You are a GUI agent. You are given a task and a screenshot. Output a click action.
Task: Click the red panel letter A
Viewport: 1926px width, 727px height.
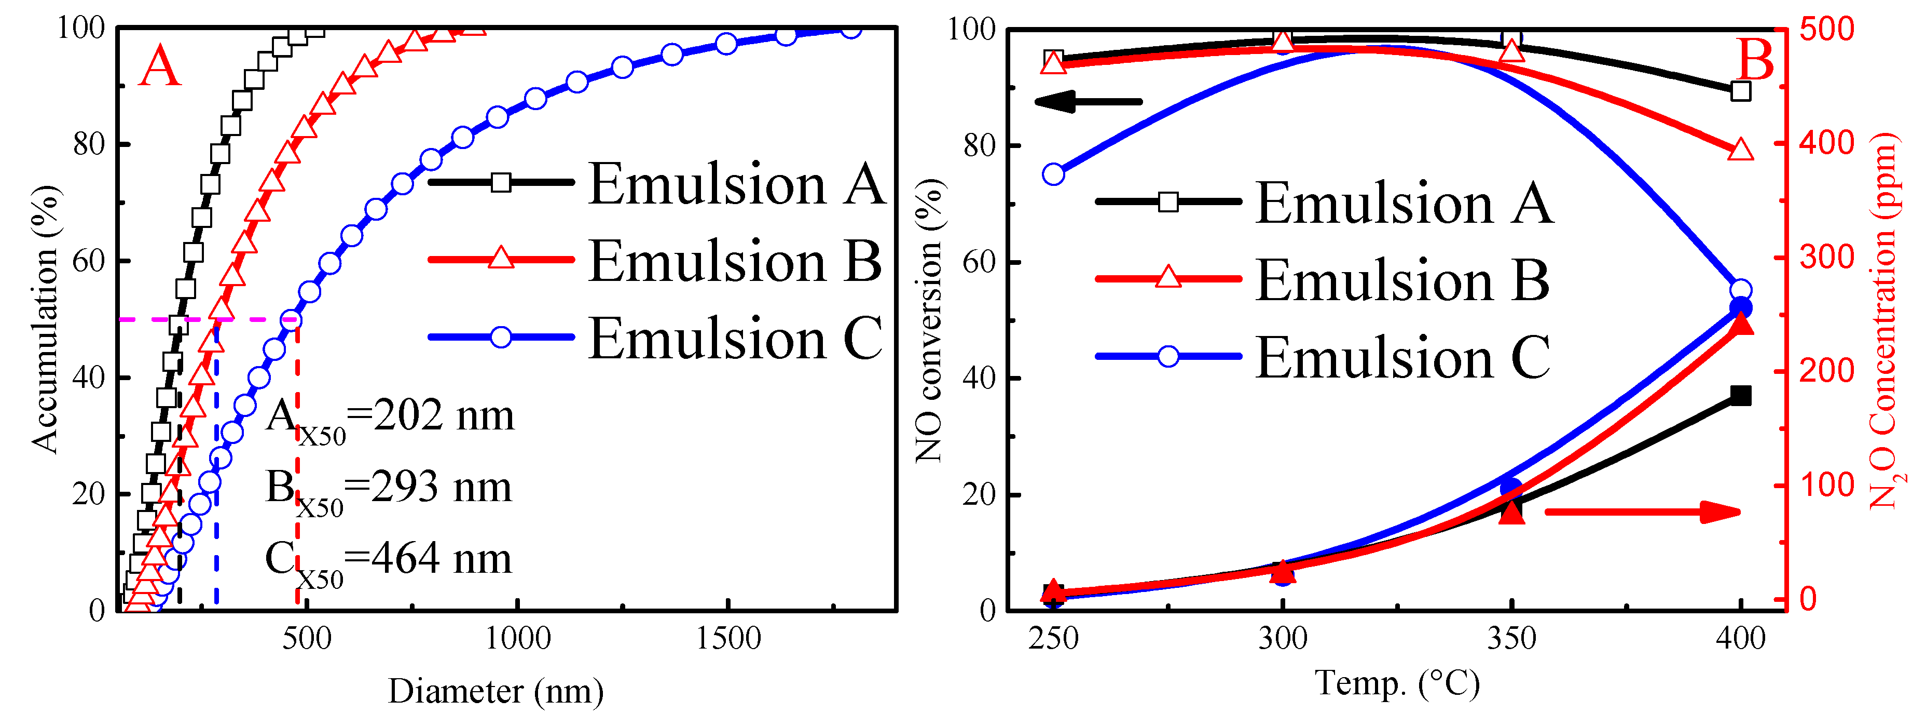pos(160,68)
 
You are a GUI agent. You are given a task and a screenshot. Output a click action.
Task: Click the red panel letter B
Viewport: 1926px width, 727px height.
pos(1755,60)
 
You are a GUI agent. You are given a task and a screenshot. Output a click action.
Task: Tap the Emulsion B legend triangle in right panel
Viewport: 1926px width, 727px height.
pos(1168,279)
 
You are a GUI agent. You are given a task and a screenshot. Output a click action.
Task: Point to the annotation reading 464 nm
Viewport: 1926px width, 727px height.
pos(441,559)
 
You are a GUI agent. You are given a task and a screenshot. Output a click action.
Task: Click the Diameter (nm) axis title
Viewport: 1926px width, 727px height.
pos(496,691)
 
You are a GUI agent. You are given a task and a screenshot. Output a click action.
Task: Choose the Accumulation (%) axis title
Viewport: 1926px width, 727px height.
pos(45,319)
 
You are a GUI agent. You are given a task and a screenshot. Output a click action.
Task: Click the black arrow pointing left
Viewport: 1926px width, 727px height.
pos(1088,102)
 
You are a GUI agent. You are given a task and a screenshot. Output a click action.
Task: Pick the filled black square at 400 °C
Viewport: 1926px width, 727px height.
pos(1741,396)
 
